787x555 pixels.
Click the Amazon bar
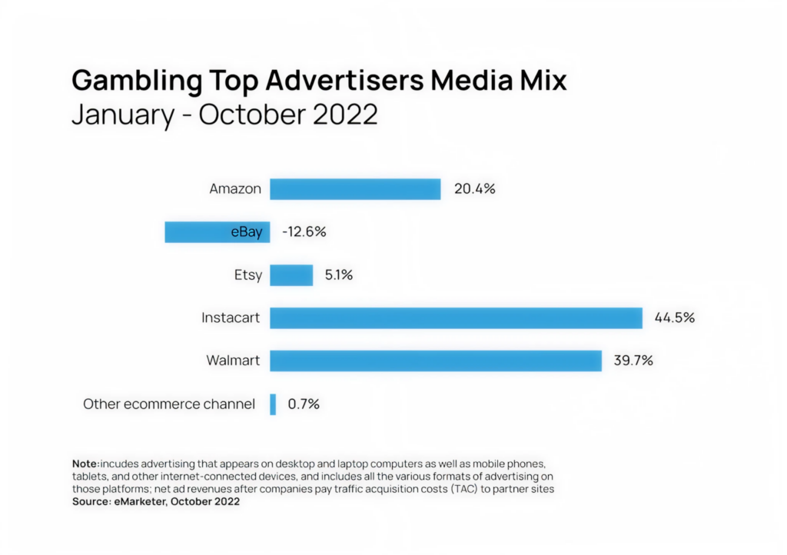[x=355, y=189]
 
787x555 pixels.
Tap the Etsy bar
[x=291, y=275]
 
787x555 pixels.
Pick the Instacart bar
[x=456, y=317]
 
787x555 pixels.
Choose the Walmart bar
[x=435, y=361]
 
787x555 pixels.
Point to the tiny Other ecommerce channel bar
[x=273, y=404]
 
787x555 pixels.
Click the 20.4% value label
[x=474, y=189]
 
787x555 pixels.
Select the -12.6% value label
[x=304, y=232]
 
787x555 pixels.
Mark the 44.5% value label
[x=674, y=317]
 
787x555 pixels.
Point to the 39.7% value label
[x=633, y=361]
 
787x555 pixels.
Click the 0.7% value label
[x=304, y=404]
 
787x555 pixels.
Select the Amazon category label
[x=235, y=189]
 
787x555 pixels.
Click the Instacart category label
[x=231, y=317]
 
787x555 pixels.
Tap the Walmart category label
[x=234, y=361]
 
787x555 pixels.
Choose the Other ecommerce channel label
[x=169, y=404]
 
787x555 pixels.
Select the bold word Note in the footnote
[x=85, y=465]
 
